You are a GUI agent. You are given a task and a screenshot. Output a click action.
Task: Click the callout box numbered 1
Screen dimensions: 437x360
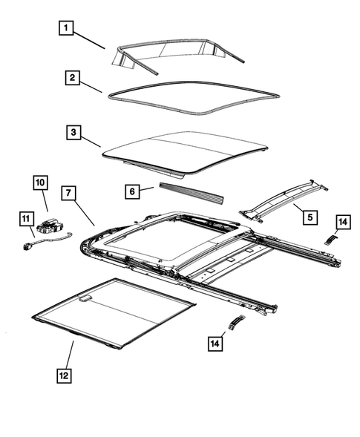pos(67,29)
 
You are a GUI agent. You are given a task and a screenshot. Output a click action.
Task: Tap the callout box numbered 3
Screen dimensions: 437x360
pos(72,132)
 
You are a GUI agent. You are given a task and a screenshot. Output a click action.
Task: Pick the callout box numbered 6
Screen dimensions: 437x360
pos(131,191)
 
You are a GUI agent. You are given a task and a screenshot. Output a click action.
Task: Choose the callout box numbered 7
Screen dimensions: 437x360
pos(67,193)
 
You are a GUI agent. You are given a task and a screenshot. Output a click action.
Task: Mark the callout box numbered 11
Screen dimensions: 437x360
pos(24,218)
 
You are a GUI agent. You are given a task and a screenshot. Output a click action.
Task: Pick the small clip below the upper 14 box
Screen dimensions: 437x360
pos(330,237)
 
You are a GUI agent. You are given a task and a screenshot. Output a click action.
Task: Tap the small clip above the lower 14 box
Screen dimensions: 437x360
pos(235,321)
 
